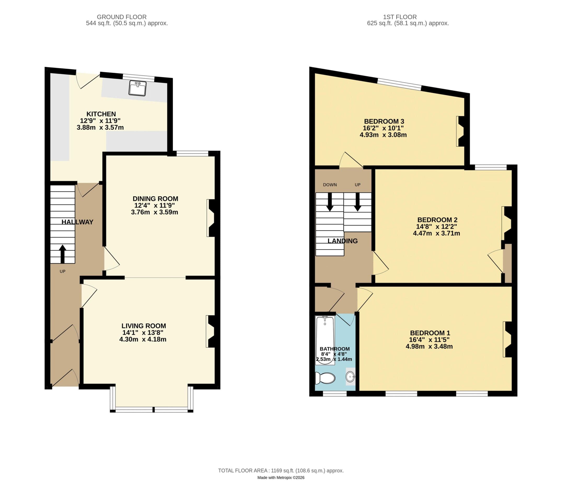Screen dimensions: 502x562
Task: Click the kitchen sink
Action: (x=137, y=88)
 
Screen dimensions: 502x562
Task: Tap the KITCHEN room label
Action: (x=101, y=114)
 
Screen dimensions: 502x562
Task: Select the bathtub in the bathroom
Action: (x=325, y=341)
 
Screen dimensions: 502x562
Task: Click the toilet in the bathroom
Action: (x=325, y=378)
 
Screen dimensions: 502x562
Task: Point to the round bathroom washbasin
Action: (x=350, y=376)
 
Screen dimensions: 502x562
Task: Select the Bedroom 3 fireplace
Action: (x=460, y=131)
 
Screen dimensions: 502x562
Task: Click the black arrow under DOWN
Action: (x=330, y=202)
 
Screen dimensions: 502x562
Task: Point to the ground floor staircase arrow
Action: (x=62, y=253)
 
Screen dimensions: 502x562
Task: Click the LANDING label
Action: (x=342, y=241)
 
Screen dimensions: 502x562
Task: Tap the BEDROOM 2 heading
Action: (x=437, y=220)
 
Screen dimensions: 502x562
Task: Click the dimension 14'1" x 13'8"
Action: (x=143, y=333)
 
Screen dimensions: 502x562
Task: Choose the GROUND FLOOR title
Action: (x=121, y=17)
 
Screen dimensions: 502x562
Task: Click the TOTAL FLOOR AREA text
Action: (x=281, y=471)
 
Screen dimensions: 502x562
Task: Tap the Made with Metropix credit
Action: (x=281, y=478)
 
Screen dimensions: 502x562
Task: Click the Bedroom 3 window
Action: (x=399, y=84)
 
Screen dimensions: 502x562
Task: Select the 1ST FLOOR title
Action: (x=400, y=17)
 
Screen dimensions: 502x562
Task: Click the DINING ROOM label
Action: (x=155, y=199)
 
